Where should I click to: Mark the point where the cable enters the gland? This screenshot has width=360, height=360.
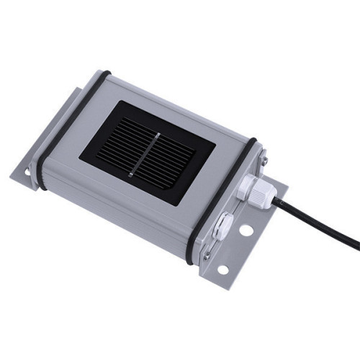pyautogui.click(x=272, y=202)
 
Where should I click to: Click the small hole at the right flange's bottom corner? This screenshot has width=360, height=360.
pyautogui.click(x=222, y=270)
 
